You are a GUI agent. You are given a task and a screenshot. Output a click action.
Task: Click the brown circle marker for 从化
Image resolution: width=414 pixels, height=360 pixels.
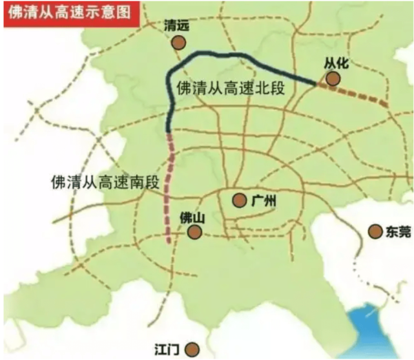333,78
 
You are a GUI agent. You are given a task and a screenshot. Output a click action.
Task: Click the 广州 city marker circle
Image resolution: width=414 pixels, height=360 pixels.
240,200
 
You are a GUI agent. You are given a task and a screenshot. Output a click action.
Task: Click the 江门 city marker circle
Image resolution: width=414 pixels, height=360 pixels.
192,349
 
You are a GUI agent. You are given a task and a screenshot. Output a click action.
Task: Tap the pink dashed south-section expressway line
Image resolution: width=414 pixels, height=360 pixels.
172,181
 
